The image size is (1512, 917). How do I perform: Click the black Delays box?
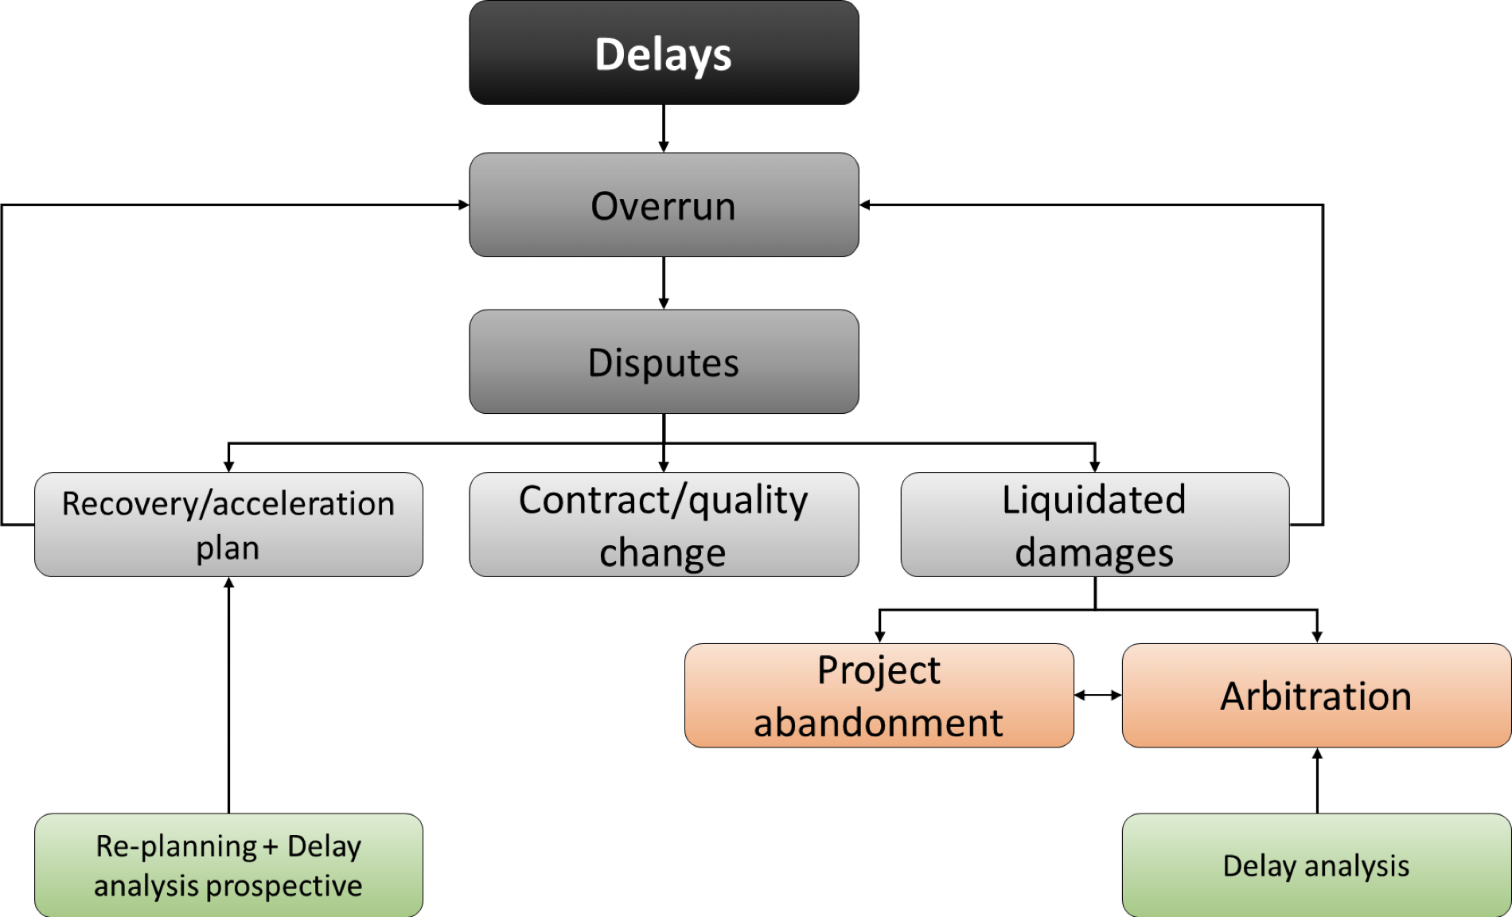(x=664, y=53)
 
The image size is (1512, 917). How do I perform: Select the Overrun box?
(x=664, y=205)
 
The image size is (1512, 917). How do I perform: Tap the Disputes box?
(x=664, y=361)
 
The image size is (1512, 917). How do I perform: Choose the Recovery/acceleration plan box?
(x=228, y=525)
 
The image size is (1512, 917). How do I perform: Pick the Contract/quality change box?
(x=664, y=525)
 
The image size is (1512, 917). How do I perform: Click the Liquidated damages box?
(x=1095, y=525)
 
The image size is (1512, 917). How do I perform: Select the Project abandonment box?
(x=879, y=696)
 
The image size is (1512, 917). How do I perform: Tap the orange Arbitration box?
(x=1317, y=696)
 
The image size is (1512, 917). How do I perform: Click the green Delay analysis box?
(x=1317, y=865)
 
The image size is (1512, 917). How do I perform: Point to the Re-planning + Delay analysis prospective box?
(x=228, y=865)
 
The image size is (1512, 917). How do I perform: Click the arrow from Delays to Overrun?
(x=664, y=129)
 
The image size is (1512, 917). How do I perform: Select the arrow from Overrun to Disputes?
(x=664, y=283)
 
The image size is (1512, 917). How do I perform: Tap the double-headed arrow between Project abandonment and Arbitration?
(x=1098, y=695)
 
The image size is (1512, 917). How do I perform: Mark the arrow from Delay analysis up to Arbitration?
(x=1317, y=781)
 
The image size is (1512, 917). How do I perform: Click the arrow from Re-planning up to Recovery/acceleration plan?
(x=228, y=696)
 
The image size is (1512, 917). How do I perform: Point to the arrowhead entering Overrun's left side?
(x=464, y=205)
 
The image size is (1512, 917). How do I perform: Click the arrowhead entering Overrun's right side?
(x=865, y=205)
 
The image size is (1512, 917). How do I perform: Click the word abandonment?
(x=879, y=723)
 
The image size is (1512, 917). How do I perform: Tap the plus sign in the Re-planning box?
(x=271, y=848)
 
